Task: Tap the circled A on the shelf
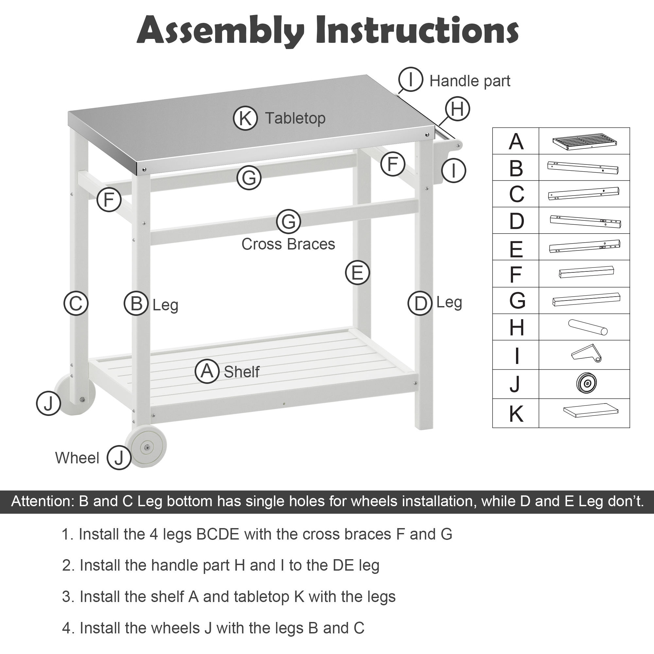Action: (x=207, y=371)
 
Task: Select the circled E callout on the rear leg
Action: (x=357, y=272)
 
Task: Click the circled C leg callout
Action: (x=76, y=303)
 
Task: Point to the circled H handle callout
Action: (x=457, y=109)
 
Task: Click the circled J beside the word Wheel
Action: (x=119, y=458)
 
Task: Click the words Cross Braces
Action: (x=288, y=244)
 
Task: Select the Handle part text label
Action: (x=470, y=81)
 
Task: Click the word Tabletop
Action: (x=295, y=118)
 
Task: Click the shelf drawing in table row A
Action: (x=584, y=141)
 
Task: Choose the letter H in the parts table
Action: (x=517, y=327)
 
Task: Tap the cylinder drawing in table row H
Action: (x=588, y=327)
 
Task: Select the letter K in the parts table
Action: (x=516, y=414)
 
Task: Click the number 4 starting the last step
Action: (x=66, y=628)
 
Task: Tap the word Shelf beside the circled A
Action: (x=241, y=372)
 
